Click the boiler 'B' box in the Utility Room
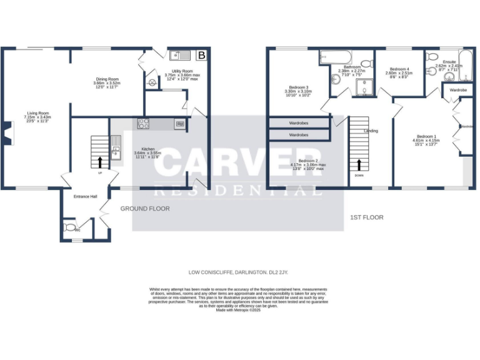[201, 56]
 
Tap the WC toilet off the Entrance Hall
[69, 227]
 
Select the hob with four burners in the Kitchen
[144, 124]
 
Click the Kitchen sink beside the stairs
[116, 147]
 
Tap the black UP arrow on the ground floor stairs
[99, 162]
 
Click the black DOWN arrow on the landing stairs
[359, 165]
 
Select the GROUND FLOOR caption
[145, 209]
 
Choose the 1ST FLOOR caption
[367, 217]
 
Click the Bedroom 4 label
[399, 69]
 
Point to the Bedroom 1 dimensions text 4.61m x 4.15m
[426, 141]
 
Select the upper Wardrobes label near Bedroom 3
[298, 123]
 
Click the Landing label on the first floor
[371, 131]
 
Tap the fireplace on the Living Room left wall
[6, 133]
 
